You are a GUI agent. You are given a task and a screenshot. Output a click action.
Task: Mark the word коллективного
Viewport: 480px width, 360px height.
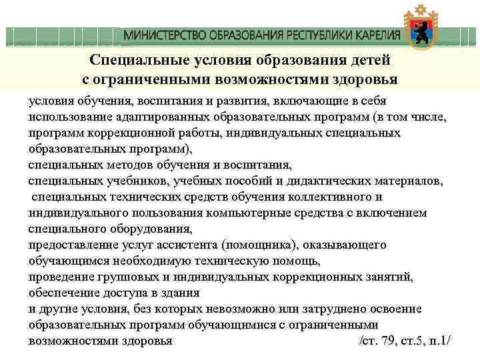click(333, 197)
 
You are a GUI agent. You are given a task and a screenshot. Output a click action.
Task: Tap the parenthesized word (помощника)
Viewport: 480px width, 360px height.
click(255, 245)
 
